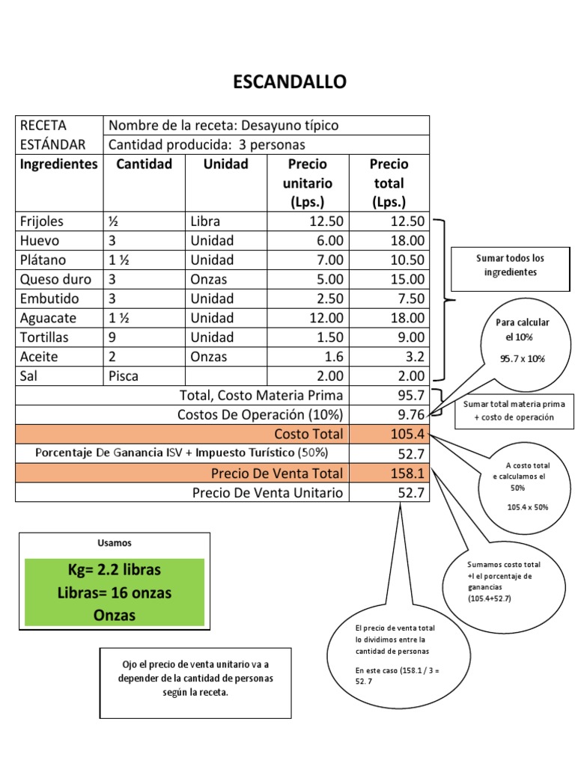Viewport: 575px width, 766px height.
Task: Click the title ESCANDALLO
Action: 290,82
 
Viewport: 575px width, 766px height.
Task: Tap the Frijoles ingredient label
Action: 42,221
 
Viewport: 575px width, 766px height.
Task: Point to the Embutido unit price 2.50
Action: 330,299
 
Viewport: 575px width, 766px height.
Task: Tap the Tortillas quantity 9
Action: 112,337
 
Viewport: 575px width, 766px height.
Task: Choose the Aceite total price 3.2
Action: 416,357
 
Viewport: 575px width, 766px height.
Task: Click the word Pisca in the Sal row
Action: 124,376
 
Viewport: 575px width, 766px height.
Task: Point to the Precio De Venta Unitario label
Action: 267,492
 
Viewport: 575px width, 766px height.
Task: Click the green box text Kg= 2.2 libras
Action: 115,570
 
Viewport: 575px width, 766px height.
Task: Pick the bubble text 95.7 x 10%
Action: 523,358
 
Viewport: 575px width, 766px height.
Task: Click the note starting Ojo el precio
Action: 195,678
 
